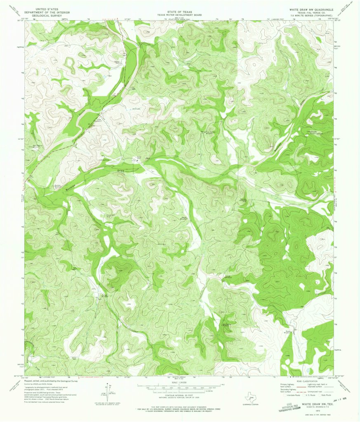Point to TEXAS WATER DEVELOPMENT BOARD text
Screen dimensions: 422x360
pyautogui.click(x=179, y=15)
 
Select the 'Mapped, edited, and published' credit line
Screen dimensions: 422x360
pyautogui.click(x=51, y=381)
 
